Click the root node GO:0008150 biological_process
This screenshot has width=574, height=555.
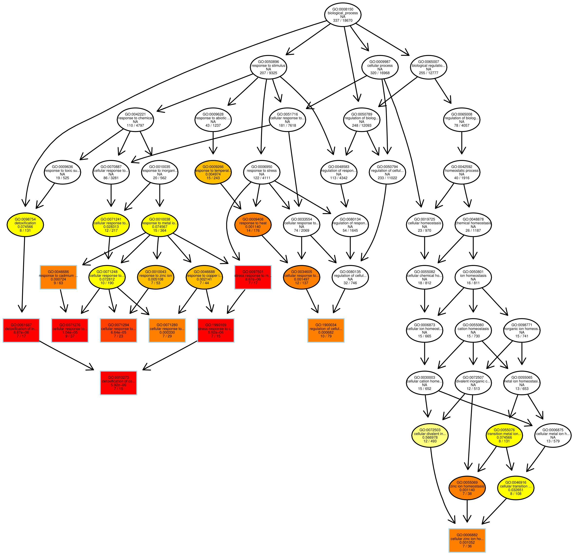click(343, 15)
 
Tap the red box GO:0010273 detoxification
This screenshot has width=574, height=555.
click(119, 383)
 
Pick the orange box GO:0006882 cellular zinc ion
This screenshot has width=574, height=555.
click(467, 540)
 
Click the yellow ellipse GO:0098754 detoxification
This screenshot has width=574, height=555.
click(25, 225)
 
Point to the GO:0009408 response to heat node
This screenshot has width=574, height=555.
click(253, 225)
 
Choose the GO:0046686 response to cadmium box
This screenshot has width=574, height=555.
click(58, 277)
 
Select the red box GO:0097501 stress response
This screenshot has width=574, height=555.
click(253, 277)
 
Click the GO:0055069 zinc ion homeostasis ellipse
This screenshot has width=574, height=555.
click(467, 488)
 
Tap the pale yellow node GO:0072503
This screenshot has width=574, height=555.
click(431, 435)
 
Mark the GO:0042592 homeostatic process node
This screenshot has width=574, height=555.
click(461, 172)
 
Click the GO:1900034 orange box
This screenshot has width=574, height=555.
click(326, 330)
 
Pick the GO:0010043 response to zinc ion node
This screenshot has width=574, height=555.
click(156, 277)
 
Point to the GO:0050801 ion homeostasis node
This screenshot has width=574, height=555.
click(473, 277)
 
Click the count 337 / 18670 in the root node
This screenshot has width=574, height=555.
click(343, 20)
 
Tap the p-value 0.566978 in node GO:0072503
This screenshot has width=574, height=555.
click(431, 438)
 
